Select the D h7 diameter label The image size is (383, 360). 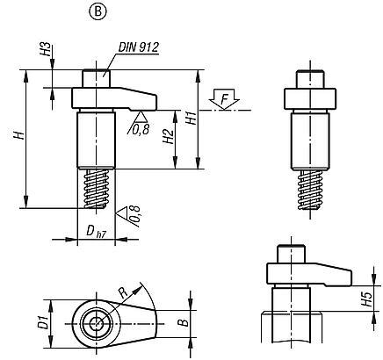tap(95, 232)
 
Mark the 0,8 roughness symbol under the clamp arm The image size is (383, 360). tap(139, 125)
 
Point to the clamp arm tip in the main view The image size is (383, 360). tap(151, 92)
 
